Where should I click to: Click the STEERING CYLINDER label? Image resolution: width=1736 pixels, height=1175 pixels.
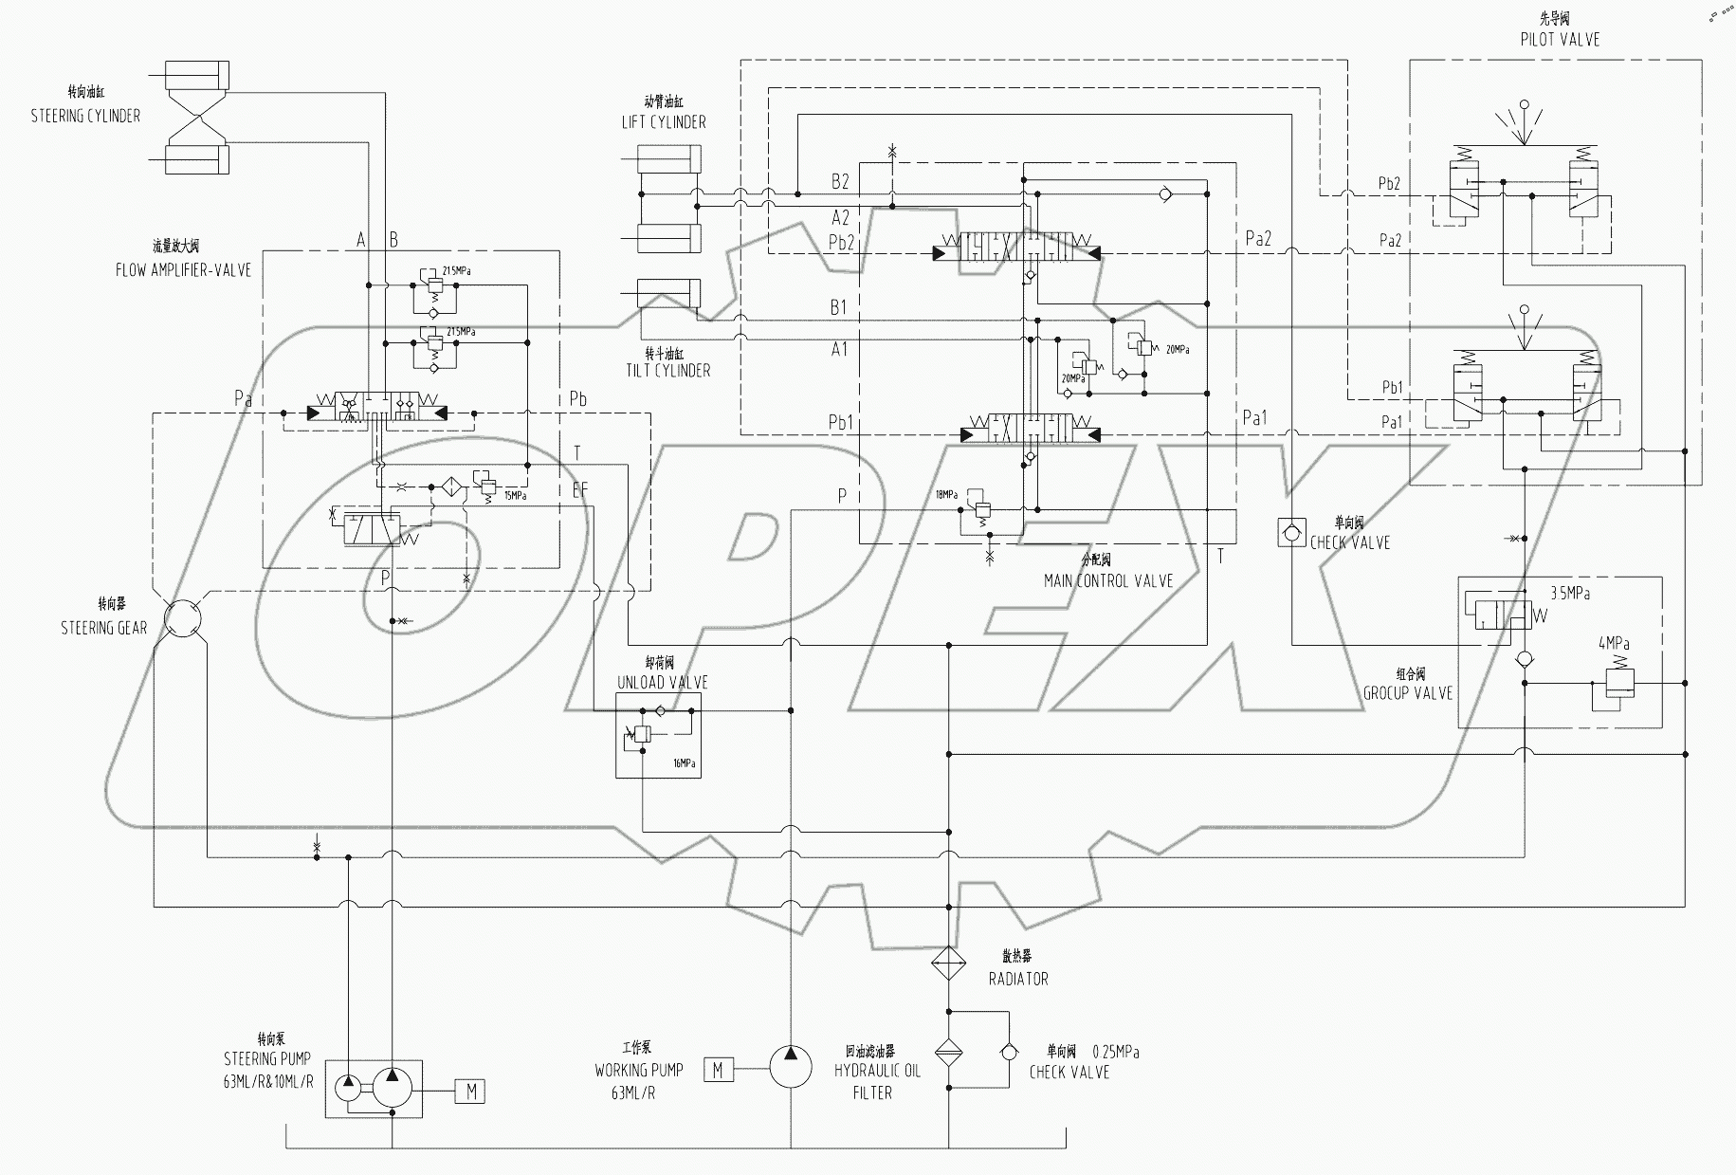tap(85, 116)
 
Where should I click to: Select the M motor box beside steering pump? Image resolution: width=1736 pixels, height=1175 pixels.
tap(471, 1092)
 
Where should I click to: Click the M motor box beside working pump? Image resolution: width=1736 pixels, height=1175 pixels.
tap(718, 1070)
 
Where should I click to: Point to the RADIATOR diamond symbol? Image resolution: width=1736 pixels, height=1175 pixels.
tap(948, 964)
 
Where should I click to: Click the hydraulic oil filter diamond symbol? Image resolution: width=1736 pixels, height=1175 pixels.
tap(948, 1053)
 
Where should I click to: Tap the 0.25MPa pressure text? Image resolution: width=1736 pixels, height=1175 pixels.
tap(1115, 1052)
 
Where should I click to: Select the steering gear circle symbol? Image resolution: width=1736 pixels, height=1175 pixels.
tap(182, 617)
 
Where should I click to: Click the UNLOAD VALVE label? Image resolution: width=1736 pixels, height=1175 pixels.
tap(662, 682)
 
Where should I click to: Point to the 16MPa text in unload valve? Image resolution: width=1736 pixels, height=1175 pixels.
tap(684, 762)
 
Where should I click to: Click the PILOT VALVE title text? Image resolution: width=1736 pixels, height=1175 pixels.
tap(1560, 39)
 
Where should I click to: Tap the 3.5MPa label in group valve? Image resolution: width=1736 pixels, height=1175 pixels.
tap(1569, 593)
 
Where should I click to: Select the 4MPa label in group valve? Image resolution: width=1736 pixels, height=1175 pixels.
tap(1614, 643)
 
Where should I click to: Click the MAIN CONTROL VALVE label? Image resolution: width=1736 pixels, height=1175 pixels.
tap(1107, 580)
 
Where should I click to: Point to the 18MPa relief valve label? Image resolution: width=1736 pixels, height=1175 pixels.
tap(946, 494)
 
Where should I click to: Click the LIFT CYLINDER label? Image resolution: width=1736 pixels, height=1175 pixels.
tap(663, 121)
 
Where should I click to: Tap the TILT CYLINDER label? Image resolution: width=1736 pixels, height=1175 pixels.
tap(667, 370)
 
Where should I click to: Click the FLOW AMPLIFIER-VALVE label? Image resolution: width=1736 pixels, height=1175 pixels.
tap(183, 269)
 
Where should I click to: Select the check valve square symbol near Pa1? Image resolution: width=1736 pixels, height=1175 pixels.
tap(1291, 532)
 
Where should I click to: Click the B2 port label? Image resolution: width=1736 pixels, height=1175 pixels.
tap(840, 181)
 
